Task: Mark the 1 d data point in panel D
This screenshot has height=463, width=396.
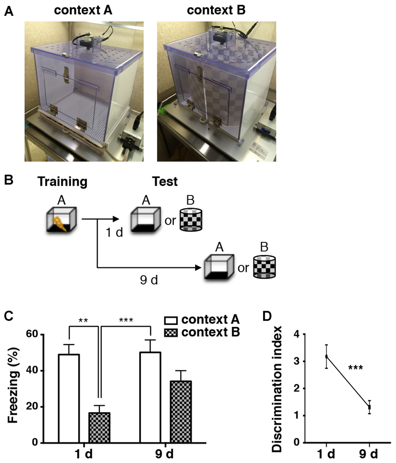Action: point(327,356)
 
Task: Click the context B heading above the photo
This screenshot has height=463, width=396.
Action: point(216,10)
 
